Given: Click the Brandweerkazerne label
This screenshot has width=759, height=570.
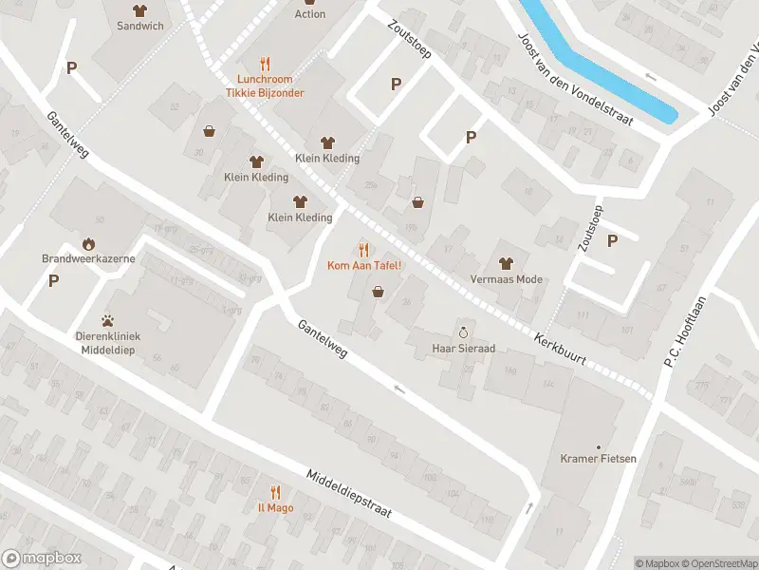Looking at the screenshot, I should pyautogui.click(x=88, y=258).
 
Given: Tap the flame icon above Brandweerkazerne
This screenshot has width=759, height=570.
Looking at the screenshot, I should pyautogui.click(x=88, y=243).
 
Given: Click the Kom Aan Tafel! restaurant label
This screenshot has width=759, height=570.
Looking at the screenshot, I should pyautogui.click(x=364, y=264).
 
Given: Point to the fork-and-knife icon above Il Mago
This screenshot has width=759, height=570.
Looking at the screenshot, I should pyautogui.click(x=275, y=492).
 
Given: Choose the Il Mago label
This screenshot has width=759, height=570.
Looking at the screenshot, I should pyautogui.click(x=275, y=507).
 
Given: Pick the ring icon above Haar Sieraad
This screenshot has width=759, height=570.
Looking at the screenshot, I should pyautogui.click(x=464, y=332).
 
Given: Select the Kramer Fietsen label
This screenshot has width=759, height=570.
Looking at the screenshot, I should pyautogui.click(x=598, y=459).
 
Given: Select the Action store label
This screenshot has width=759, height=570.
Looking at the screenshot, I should pyautogui.click(x=310, y=14).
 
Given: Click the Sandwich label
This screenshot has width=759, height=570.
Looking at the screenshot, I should pyautogui.click(x=140, y=26).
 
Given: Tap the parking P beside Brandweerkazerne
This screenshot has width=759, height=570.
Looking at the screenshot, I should pyautogui.click(x=54, y=280).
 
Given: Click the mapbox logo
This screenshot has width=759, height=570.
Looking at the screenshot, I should pyautogui.click(x=42, y=559).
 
